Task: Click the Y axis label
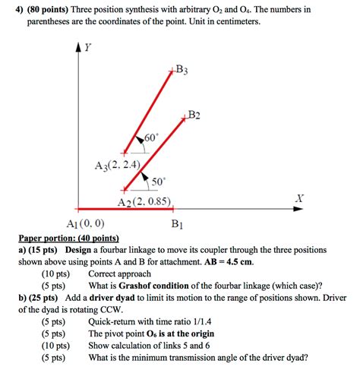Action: click(x=87, y=47)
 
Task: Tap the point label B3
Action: click(x=182, y=71)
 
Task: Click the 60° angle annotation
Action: click(x=150, y=137)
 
